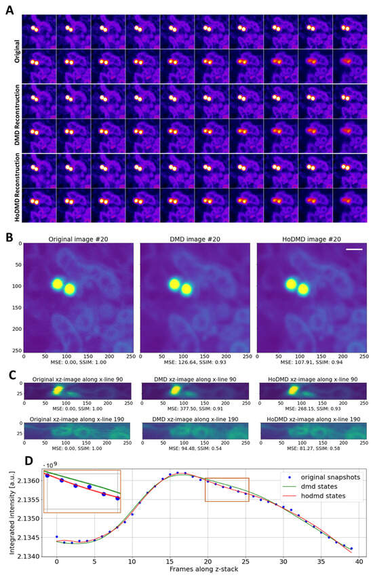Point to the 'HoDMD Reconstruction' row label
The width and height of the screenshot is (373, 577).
click(x=17, y=188)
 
